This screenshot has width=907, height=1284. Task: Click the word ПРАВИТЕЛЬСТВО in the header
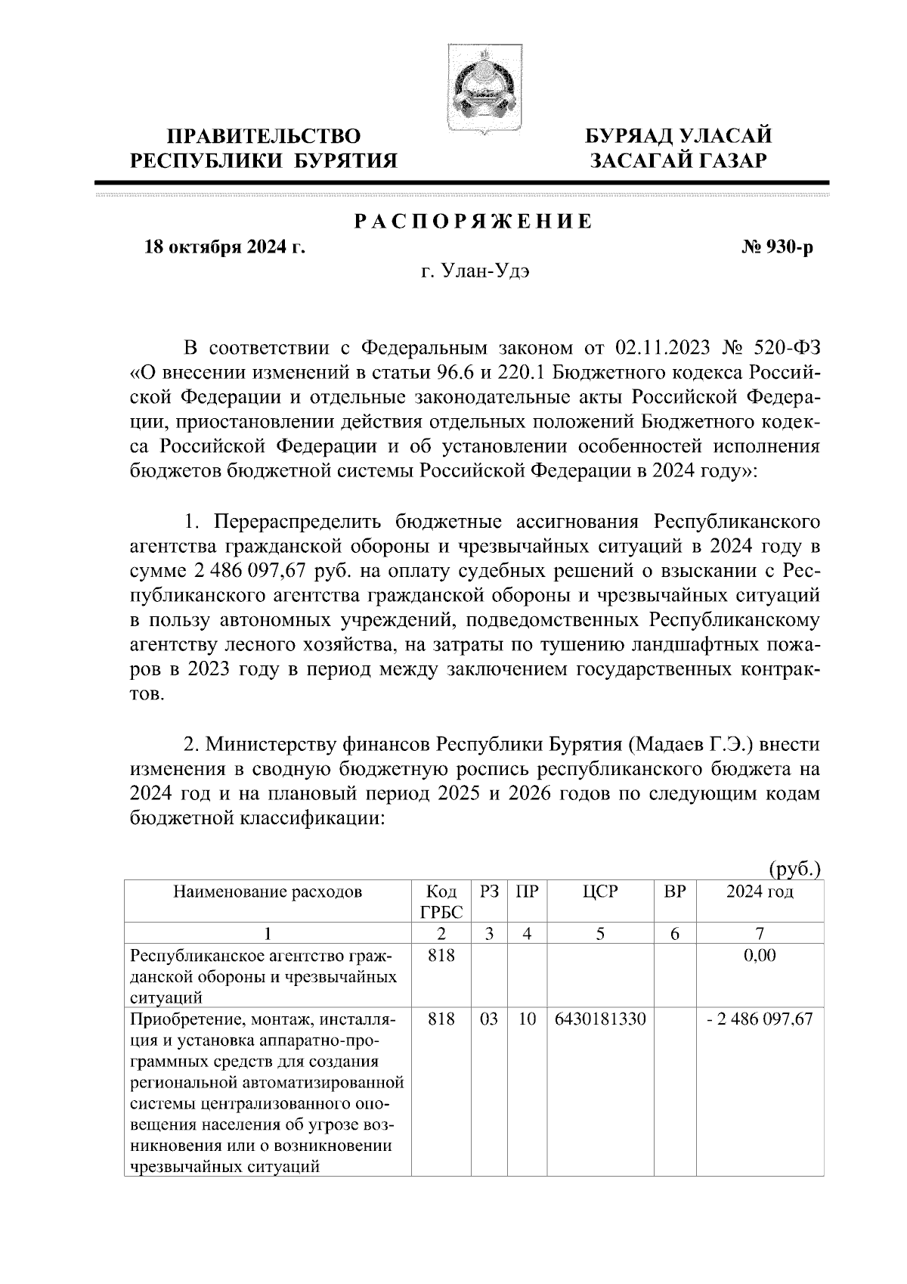pyautogui.click(x=264, y=136)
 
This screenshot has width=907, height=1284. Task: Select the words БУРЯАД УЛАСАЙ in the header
pyautogui.click(x=680, y=136)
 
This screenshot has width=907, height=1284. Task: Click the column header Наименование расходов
pyautogui.click(x=268, y=892)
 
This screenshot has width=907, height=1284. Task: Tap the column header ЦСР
pyautogui.click(x=600, y=892)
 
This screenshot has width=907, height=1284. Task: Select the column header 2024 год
pyautogui.click(x=760, y=892)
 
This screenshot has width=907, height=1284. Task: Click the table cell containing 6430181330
pyautogui.click(x=600, y=1019)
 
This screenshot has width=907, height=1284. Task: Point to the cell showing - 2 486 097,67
pyautogui.click(x=760, y=1019)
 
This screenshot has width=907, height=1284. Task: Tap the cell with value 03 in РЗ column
pyautogui.click(x=489, y=1019)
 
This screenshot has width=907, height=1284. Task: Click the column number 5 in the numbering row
pyautogui.click(x=600, y=933)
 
